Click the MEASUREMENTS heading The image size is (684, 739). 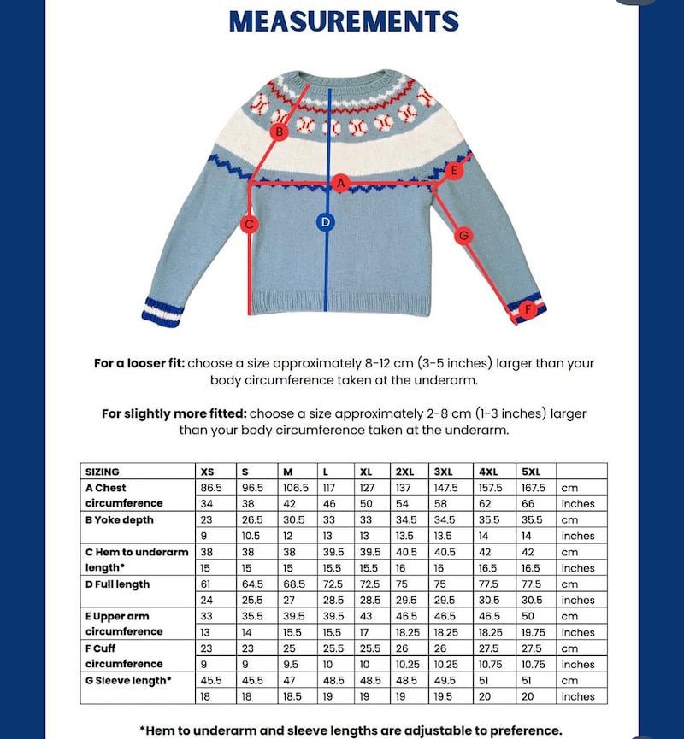click(344, 21)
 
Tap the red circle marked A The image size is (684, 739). click(340, 183)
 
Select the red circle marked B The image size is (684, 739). click(279, 132)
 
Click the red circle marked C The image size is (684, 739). click(250, 225)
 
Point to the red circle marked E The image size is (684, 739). click(454, 171)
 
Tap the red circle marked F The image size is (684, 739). click(528, 309)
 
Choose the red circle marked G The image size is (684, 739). click(463, 235)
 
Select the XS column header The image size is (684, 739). click(208, 471)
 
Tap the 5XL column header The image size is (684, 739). click(531, 471)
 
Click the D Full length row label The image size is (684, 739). click(118, 584)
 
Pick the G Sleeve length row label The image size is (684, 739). click(127, 680)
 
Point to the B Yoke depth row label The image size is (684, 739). click(118, 519)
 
